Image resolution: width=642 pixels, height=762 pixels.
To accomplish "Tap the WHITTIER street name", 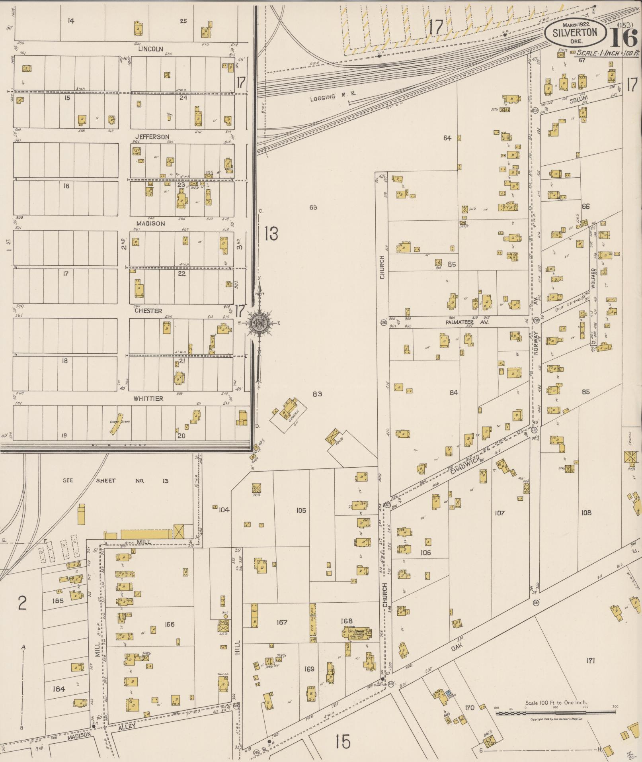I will click(148, 398).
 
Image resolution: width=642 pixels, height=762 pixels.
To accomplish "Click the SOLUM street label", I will click(578, 100).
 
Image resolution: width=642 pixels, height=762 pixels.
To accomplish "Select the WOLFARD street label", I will click(593, 279).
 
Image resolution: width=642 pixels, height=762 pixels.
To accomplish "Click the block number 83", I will click(317, 394).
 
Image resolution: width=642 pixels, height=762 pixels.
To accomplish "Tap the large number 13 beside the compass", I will click(271, 234).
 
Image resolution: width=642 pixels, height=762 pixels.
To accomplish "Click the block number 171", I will click(590, 660).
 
